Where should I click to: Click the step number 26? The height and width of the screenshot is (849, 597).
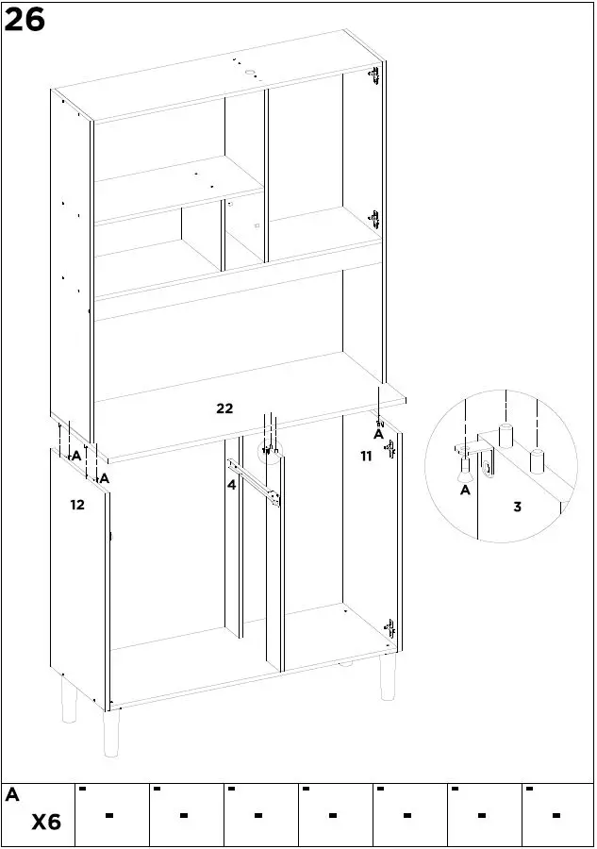(25, 19)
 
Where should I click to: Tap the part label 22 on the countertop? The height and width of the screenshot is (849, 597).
(224, 408)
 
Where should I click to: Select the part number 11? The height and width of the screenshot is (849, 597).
(366, 456)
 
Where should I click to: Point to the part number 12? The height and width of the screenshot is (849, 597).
(77, 505)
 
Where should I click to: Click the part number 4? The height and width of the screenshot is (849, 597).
(231, 486)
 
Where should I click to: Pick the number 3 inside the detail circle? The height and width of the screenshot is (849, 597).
(517, 507)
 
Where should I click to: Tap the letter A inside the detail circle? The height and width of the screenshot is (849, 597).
(465, 490)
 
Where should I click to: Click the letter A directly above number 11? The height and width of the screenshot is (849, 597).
(378, 435)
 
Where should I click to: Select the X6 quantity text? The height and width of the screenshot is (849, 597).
(46, 823)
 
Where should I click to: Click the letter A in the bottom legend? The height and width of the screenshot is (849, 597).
(12, 795)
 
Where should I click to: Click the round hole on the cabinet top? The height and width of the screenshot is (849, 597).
(251, 73)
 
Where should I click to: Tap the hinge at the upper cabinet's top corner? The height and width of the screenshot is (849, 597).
(375, 76)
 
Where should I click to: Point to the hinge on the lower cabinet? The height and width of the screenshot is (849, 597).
(387, 626)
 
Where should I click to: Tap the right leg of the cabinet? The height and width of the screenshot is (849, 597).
(387, 677)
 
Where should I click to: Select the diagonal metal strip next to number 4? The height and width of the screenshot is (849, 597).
(255, 482)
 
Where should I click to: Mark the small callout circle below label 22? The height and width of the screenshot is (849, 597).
(271, 452)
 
